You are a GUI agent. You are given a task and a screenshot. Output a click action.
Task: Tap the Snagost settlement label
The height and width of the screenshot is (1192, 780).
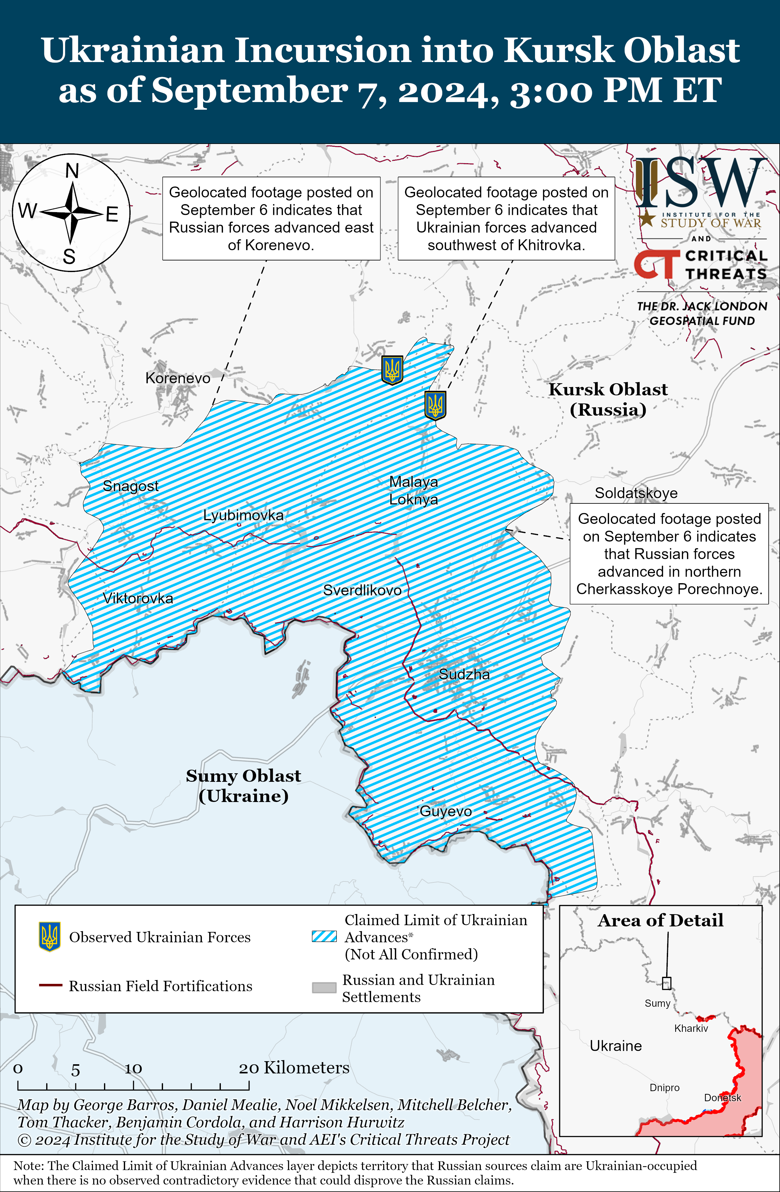130,486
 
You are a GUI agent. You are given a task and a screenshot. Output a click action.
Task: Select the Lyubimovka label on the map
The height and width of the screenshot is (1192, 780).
243,515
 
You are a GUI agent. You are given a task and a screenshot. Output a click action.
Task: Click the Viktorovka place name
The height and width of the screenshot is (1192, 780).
138,598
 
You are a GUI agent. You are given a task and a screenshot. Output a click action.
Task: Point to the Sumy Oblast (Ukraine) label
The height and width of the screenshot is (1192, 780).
243,785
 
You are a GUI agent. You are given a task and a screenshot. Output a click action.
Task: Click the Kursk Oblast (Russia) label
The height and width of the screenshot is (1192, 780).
608,399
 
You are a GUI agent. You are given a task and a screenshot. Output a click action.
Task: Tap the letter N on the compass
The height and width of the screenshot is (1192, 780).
72,171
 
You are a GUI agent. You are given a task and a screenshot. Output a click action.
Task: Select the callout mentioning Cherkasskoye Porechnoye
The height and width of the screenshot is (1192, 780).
669,554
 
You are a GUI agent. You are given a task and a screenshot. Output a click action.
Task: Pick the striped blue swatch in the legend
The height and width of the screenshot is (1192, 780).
324,936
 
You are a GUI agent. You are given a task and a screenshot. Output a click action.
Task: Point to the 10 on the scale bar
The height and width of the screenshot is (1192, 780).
133,1069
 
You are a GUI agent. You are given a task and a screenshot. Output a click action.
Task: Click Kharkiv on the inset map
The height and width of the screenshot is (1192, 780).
691,1028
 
